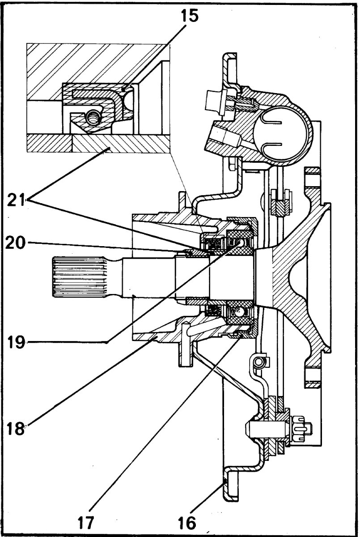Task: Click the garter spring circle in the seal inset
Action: [93, 118]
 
